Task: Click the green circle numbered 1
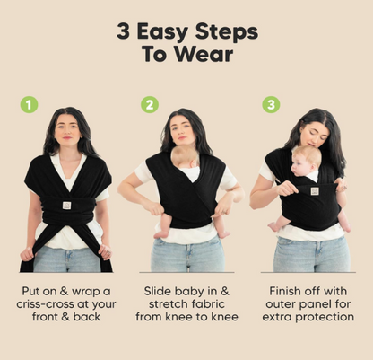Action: [30, 105]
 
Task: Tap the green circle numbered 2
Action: [151, 105]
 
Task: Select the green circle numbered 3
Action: [271, 105]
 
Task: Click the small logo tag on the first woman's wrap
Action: [67, 205]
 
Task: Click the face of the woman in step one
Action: [67, 132]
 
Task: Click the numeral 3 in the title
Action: [126, 32]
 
